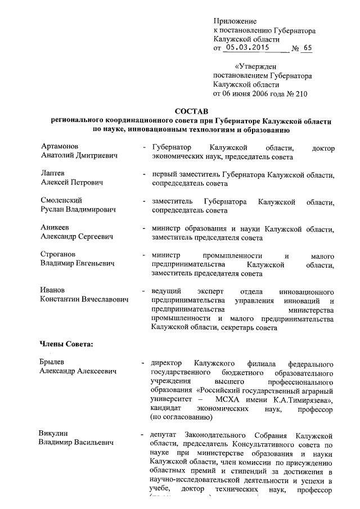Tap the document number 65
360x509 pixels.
307,48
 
